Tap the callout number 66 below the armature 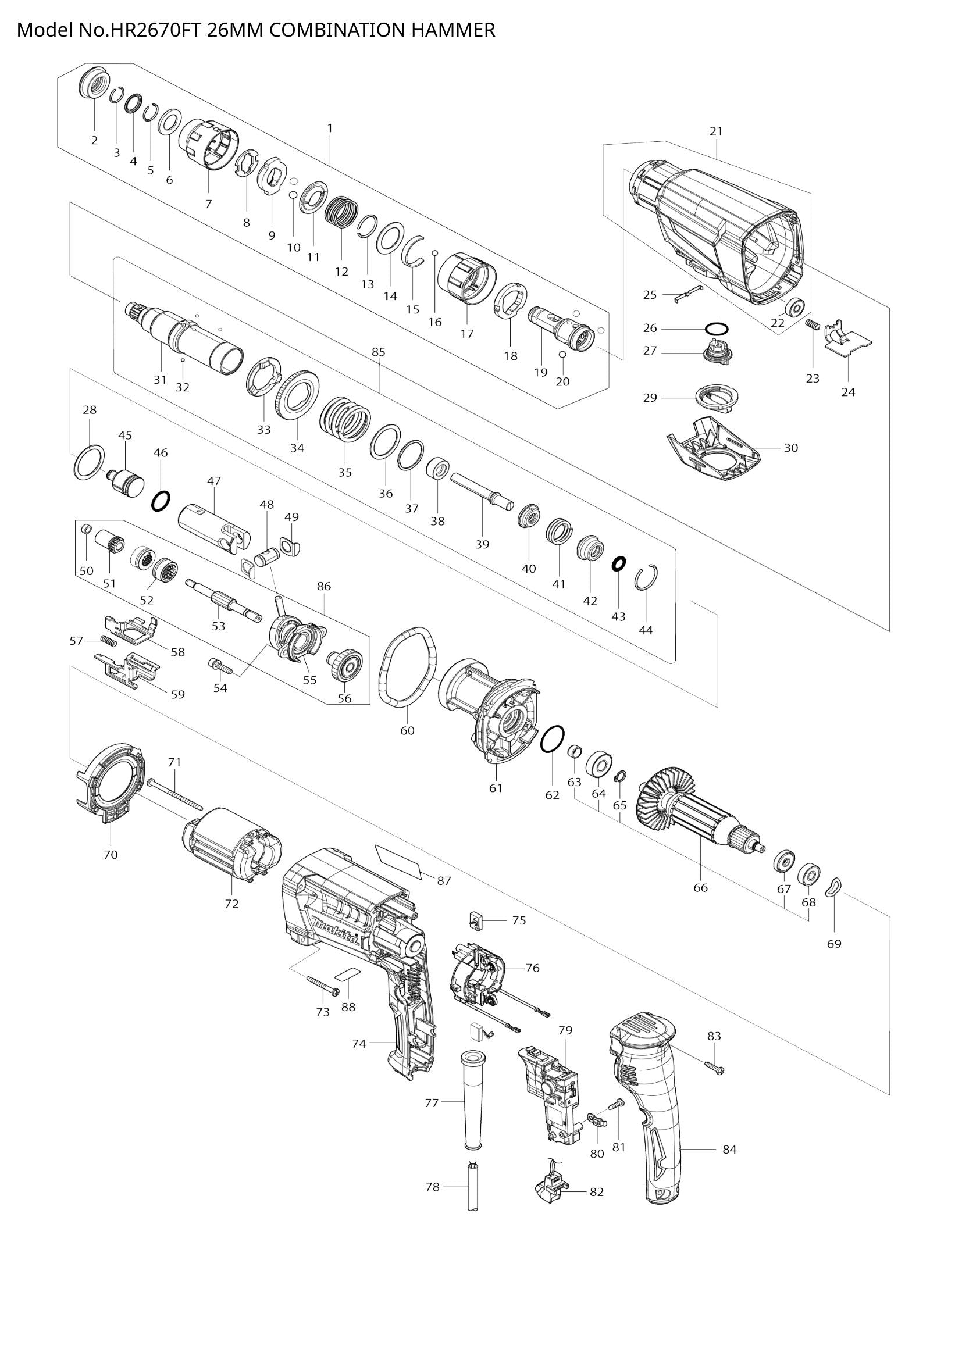click(700, 905)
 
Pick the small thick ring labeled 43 click(618, 563)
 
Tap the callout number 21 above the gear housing click(716, 131)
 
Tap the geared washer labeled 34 click(299, 392)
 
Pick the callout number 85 click(379, 352)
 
